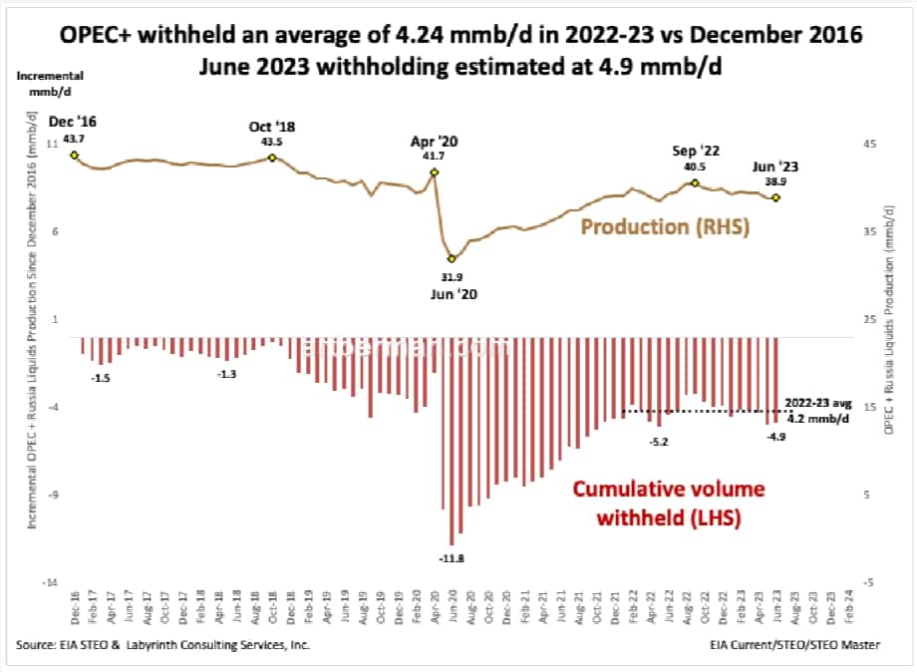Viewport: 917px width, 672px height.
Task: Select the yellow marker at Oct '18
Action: click(272, 158)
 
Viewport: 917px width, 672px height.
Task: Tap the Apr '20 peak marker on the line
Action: click(435, 172)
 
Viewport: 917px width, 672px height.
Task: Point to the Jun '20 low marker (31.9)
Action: click(452, 258)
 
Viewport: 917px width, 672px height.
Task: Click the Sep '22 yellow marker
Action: click(695, 183)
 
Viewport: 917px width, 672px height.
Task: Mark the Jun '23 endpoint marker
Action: click(776, 197)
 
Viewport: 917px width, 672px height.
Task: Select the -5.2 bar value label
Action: click(660, 441)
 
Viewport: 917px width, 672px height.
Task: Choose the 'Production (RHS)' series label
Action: click(665, 227)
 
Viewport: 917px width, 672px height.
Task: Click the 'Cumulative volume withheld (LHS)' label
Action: click(654, 504)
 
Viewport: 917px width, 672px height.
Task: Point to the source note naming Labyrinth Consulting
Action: click(162, 646)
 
